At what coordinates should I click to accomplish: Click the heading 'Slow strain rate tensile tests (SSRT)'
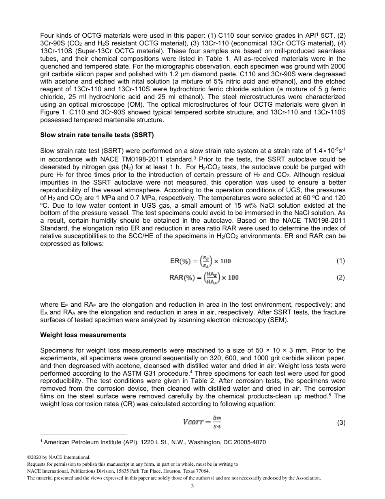tap(97, 134)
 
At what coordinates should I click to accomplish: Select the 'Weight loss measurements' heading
tap(83, 335)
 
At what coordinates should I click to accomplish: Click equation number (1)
tap(340, 261)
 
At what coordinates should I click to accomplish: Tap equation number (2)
tap(340, 277)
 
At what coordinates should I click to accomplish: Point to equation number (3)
tap(340, 423)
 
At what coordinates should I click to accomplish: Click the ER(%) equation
tap(200, 261)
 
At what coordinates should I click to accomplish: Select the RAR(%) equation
tap(204, 277)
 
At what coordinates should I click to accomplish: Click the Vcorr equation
tap(203, 422)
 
